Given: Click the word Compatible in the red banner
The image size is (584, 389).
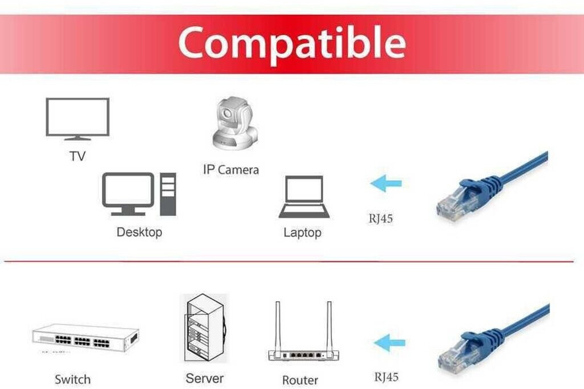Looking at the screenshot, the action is click(x=291, y=43).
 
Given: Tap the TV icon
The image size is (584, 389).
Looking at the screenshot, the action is click(x=77, y=118).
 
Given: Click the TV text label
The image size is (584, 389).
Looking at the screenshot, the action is click(x=78, y=155).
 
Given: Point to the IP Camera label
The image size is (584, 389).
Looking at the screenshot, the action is click(x=230, y=170).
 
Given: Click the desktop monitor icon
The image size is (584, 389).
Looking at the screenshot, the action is click(x=128, y=194).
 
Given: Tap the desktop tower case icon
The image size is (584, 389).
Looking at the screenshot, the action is click(x=168, y=194).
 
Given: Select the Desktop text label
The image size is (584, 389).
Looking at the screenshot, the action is click(x=139, y=232).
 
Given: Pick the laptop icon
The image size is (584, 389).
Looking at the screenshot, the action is click(x=304, y=196).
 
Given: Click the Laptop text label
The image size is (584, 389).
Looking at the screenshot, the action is click(x=302, y=232).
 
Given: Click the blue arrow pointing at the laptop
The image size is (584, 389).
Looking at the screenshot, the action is click(x=386, y=184).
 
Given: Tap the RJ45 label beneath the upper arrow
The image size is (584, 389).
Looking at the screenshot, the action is click(x=380, y=218).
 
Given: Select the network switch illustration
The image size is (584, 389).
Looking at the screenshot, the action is click(x=86, y=338).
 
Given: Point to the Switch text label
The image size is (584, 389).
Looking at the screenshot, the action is click(x=72, y=379).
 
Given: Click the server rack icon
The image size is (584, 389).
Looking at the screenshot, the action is click(x=204, y=329).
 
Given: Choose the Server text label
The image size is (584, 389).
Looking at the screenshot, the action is click(x=205, y=378).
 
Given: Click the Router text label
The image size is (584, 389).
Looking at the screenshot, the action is click(x=300, y=380).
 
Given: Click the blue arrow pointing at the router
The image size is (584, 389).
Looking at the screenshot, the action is click(x=390, y=343).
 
